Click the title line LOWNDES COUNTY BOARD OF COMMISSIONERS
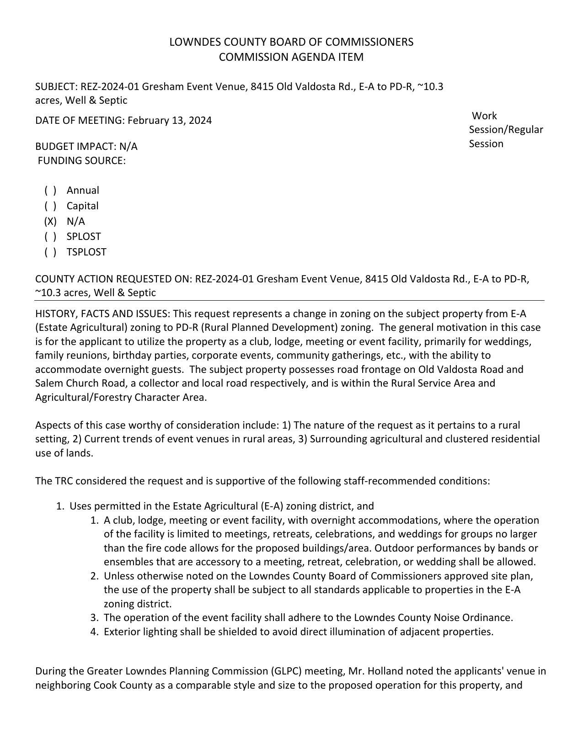pos(291,42)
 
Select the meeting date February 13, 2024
pos(170,121)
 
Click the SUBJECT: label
pos(56,87)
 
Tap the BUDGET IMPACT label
pos(76,147)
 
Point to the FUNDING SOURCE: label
pos(81,161)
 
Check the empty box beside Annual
pos(50,191)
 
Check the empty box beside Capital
pos(50,206)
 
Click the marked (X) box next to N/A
pos(50,222)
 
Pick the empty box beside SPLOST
pos(50,237)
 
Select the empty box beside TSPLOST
pos(50,252)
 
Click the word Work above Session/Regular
pos(484,116)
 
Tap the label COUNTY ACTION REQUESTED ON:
pos(114,279)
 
